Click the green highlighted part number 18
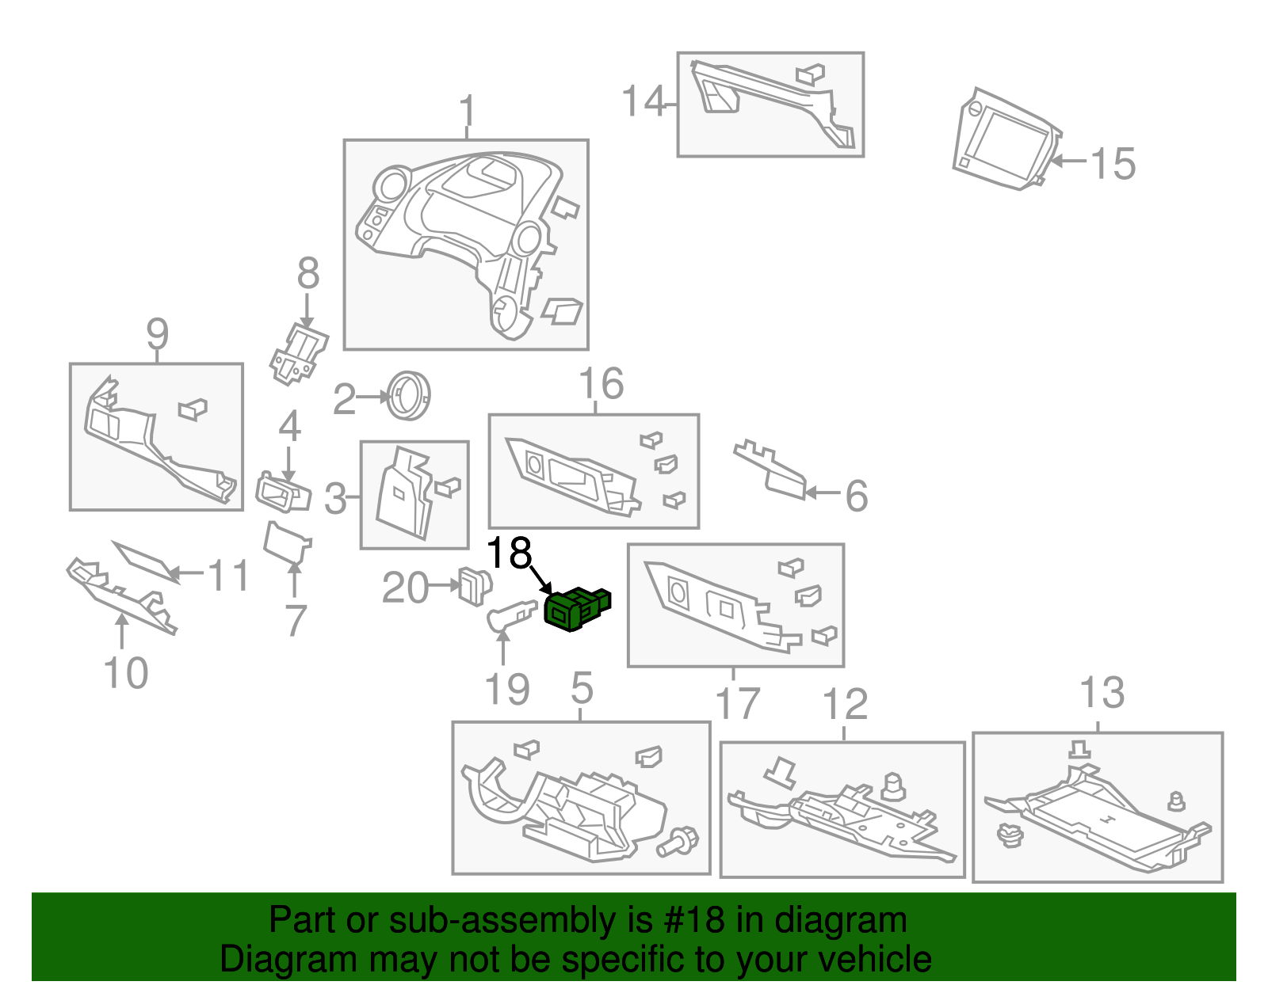pyautogui.click(x=576, y=610)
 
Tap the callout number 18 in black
pyautogui.click(x=509, y=553)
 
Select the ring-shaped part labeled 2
pyautogui.click(x=409, y=395)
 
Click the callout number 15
pyautogui.click(x=1113, y=164)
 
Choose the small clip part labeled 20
pyautogui.click(x=475, y=586)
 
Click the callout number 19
pyautogui.click(x=507, y=690)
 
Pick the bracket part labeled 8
pyautogui.click(x=299, y=354)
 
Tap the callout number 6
pyautogui.click(x=856, y=496)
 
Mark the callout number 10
pyautogui.click(x=125, y=674)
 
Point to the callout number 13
pyautogui.click(x=1102, y=693)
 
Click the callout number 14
pyautogui.click(x=644, y=102)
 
